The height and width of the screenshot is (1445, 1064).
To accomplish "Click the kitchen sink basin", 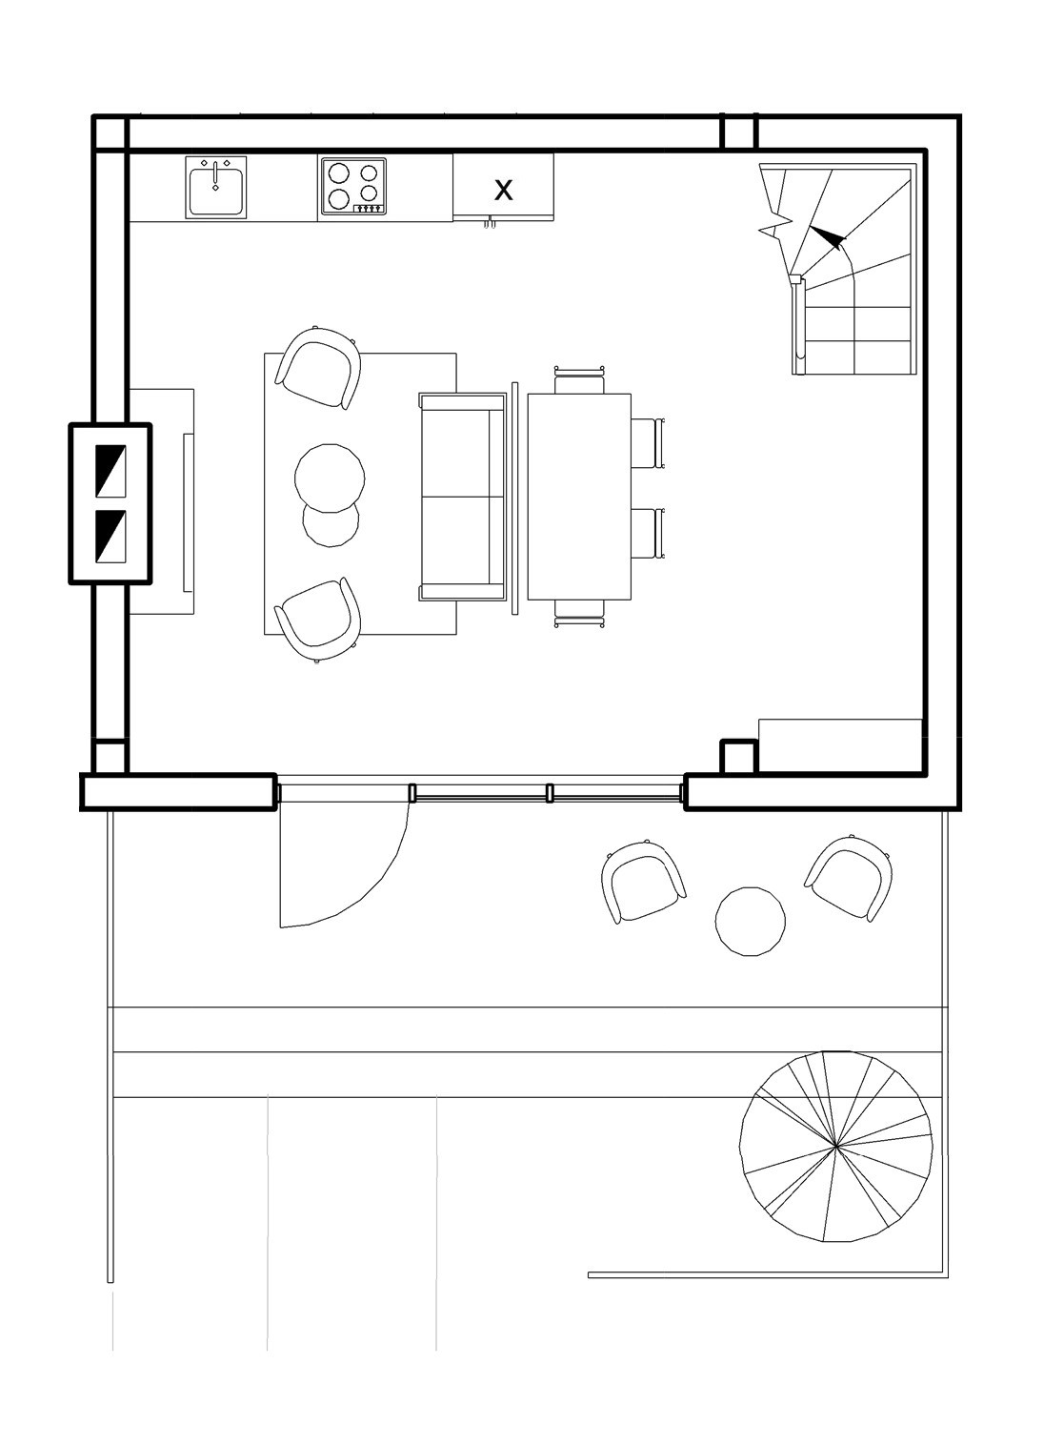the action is click(x=216, y=192).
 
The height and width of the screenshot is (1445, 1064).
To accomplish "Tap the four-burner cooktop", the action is click(x=353, y=187).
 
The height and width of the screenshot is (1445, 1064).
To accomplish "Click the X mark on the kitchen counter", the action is click(x=504, y=191).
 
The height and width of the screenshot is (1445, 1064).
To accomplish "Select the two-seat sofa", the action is click(x=462, y=497).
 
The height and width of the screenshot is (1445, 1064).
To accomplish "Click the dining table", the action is click(x=579, y=497).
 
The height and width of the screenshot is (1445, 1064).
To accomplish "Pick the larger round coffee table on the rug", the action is click(x=330, y=478).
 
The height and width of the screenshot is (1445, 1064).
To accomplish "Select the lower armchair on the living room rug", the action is click(x=317, y=621).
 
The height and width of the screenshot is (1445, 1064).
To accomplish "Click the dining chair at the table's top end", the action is click(x=580, y=379).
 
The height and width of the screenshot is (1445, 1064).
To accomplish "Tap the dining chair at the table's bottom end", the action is click(x=580, y=614).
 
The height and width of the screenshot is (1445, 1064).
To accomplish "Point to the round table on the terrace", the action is click(x=750, y=921).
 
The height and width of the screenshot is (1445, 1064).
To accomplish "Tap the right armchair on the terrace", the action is click(x=849, y=879).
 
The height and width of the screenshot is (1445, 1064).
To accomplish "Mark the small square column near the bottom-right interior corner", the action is click(x=738, y=757).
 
